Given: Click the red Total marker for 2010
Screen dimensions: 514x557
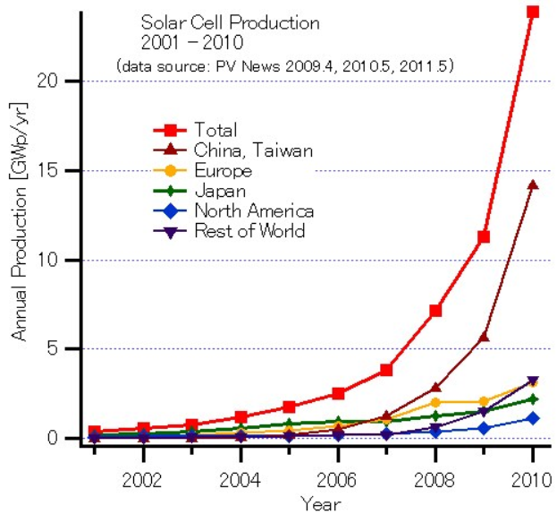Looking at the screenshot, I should (533, 12).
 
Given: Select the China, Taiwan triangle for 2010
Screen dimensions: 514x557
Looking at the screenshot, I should (533, 185).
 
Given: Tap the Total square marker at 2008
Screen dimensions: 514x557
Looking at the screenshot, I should (435, 311).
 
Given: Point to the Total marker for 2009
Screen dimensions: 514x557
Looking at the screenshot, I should (484, 236).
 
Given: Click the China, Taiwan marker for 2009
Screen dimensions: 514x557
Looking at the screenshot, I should (484, 337).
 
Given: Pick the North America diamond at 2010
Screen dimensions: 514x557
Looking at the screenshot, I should (533, 418).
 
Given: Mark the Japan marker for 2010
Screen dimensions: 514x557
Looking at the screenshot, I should (533, 398).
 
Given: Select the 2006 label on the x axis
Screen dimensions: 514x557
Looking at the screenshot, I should (337, 475).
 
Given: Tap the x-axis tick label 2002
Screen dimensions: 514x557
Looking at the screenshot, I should (142, 475).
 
